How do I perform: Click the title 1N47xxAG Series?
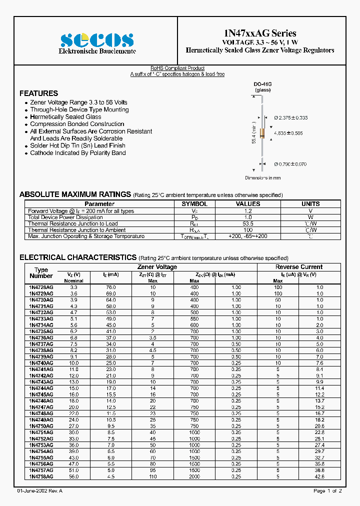tap(259, 33)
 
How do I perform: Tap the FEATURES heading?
tap(38, 93)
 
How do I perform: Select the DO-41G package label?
tap(262, 84)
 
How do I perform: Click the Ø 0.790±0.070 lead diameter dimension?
tap(290, 164)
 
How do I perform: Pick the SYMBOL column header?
tap(194, 204)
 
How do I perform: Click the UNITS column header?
tap(310, 204)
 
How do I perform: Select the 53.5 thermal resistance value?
tap(248, 223)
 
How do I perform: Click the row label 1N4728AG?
tap(41, 287)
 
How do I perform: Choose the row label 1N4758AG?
tap(41, 477)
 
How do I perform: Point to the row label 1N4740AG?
tap(41, 363)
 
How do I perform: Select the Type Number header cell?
tap(41, 272)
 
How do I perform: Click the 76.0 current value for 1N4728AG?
tap(110, 287)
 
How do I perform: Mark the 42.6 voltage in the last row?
tap(320, 477)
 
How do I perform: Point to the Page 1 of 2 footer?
tap(327, 491)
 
